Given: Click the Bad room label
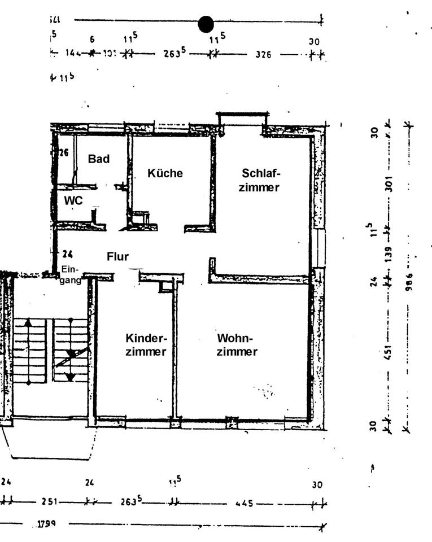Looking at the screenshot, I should point(98,159).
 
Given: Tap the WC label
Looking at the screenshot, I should point(73,201).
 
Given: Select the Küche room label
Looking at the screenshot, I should point(165,173).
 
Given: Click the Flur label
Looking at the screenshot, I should point(117,257).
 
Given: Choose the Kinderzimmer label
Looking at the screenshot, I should point(146,345).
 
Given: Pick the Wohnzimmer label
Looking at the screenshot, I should point(237,345).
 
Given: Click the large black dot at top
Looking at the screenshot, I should point(206,24).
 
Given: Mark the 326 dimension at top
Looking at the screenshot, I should point(263,55).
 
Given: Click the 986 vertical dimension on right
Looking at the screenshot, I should point(410,280).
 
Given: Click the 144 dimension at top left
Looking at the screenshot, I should point(73,54).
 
